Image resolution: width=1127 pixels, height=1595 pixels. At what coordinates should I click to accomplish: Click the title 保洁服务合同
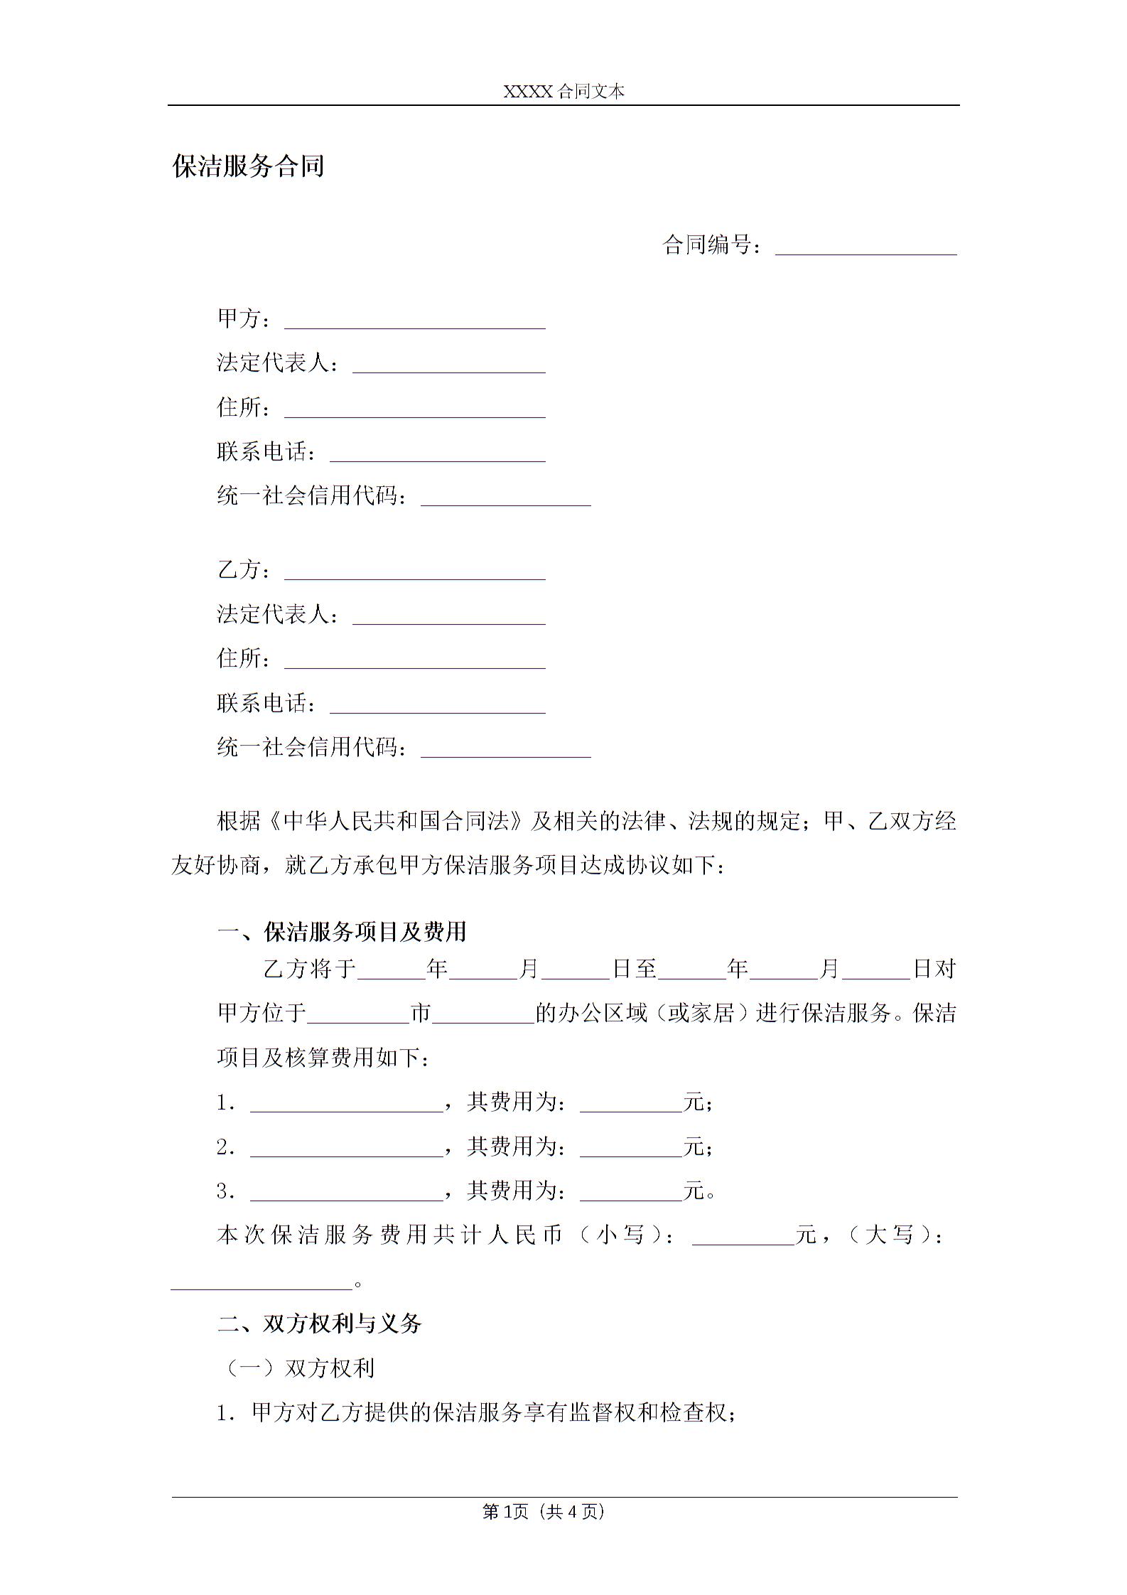[248, 166]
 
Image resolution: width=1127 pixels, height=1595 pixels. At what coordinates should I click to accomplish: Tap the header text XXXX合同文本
[563, 92]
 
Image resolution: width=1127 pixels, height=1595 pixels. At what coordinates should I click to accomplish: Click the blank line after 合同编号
[866, 247]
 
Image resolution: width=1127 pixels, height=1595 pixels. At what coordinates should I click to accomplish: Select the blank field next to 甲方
[414, 321]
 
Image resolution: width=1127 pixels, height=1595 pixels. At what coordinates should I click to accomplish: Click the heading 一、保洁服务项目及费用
[342, 932]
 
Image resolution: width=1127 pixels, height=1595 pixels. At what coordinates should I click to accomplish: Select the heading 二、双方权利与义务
[320, 1323]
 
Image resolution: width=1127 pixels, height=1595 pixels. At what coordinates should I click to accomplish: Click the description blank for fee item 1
[347, 1103]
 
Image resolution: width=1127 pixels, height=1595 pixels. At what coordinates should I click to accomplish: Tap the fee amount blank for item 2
[631, 1148]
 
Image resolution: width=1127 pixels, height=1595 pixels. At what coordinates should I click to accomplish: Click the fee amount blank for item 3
[631, 1192]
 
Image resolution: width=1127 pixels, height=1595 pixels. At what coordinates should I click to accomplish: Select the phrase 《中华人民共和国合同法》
[397, 822]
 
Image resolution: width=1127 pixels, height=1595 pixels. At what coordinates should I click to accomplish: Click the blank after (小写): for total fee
[743, 1237]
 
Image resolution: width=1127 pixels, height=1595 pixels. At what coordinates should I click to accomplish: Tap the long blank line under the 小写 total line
[261, 1281]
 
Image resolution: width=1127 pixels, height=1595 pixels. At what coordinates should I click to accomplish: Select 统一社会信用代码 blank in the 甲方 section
[506, 498]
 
